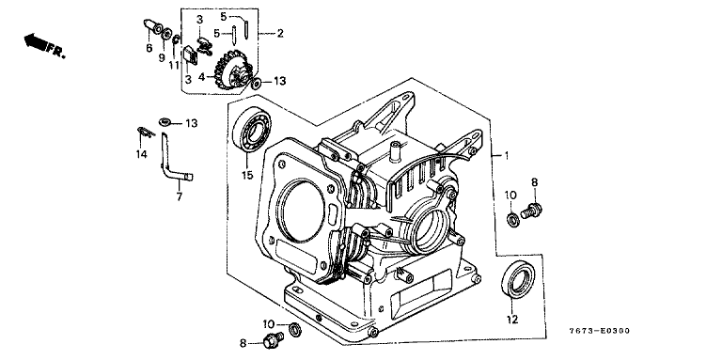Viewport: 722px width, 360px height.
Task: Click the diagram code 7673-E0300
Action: (x=599, y=331)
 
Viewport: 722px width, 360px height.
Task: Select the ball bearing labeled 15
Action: (x=252, y=129)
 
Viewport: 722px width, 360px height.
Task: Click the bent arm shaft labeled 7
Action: (x=174, y=158)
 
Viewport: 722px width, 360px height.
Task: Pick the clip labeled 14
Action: (x=146, y=133)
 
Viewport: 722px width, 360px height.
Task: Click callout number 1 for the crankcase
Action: (x=506, y=156)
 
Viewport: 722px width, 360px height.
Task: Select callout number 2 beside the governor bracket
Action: (x=280, y=33)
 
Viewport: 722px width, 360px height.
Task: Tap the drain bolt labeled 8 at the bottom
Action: (x=273, y=340)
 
